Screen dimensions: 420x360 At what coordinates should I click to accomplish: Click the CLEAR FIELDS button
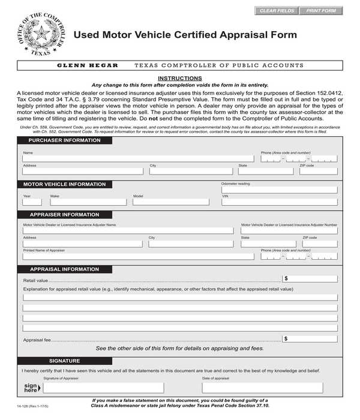tap(277, 11)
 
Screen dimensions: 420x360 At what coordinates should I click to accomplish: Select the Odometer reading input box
tap(279, 190)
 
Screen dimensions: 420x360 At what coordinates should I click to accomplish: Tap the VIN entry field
tap(279, 202)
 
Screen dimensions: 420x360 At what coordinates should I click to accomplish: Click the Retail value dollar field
tap(310, 279)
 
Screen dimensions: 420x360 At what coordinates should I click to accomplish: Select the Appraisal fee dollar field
tap(310, 339)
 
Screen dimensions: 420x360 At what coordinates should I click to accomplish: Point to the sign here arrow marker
tap(30, 388)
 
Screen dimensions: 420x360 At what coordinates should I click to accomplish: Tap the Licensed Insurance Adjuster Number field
tap(289, 230)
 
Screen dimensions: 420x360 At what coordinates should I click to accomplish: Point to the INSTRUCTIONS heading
tap(179, 79)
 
